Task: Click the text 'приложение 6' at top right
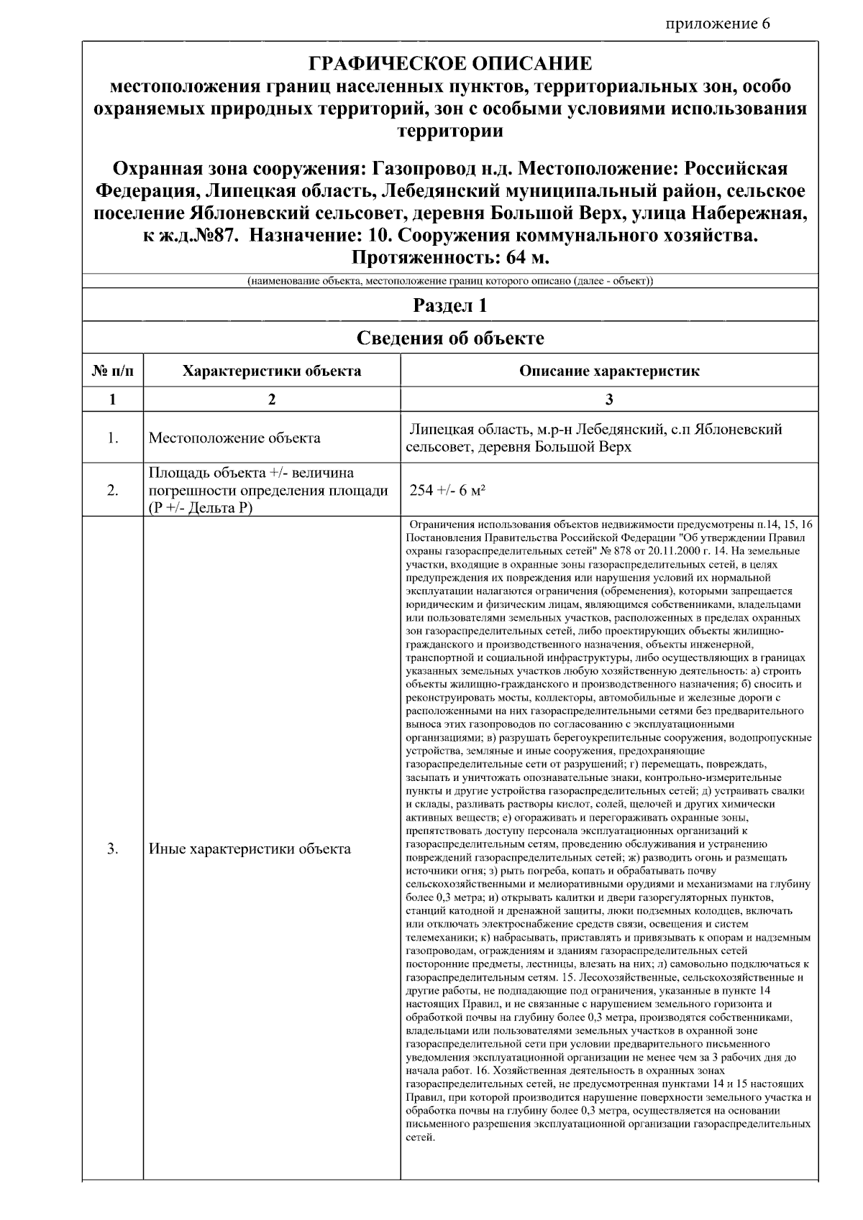tap(717, 24)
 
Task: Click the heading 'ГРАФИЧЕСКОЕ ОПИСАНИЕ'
tap(450, 64)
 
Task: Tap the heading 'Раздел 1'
tap(450, 305)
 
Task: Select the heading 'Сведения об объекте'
tap(450, 338)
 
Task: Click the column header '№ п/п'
tap(113, 371)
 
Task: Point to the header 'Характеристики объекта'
tap(271, 371)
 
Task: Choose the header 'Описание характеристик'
tap(608, 371)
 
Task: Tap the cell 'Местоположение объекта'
tap(234, 438)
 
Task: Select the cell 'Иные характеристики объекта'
tap(250, 849)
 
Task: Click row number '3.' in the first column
tap(113, 849)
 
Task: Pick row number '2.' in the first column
tap(113, 491)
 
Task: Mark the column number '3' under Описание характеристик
tap(609, 399)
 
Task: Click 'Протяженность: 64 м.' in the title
tap(450, 258)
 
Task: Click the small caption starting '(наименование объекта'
tap(450, 280)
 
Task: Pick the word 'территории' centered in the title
tap(450, 131)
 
